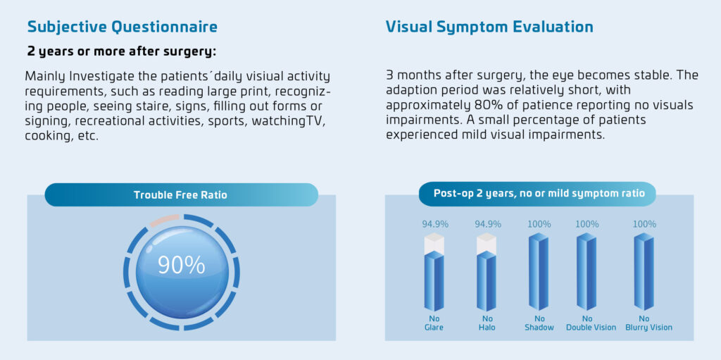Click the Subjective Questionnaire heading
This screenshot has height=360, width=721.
(122, 27)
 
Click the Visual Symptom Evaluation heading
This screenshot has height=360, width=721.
(489, 27)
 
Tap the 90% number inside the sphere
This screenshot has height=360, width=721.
(181, 265)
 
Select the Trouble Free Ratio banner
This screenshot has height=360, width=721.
(181, 194)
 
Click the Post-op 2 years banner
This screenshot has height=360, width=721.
(538, 193)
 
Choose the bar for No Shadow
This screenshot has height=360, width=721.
(539, 271)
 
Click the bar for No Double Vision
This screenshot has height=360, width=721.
(587, 271)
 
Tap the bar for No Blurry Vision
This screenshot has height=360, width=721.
(644, 271)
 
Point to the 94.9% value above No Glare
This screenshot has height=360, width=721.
(435, 225)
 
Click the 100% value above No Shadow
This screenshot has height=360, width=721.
(539, 225)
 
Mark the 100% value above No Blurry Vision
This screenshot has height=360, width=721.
(644, 225)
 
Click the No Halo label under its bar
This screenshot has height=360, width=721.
(487, 323)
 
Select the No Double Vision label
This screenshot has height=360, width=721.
(591, 323)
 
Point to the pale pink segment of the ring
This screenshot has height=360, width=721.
(164, 220)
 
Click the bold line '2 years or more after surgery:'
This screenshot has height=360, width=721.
(122, 51)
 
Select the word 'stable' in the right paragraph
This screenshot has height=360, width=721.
(646, 75)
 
